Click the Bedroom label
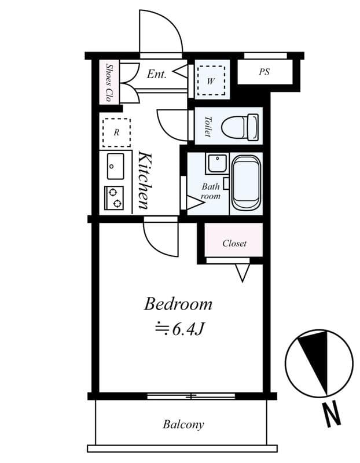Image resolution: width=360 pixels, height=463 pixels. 178,304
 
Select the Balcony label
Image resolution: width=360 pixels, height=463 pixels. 183,425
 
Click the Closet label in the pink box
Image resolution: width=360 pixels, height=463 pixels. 234,243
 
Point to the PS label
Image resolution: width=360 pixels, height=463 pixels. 265,72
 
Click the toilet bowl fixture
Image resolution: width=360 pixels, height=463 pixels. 240,127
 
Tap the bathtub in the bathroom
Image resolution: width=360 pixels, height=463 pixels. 246,183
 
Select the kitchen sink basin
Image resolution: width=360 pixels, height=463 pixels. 116,166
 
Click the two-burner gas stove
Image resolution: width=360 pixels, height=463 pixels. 114,198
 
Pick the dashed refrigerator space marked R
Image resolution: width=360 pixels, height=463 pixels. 116,133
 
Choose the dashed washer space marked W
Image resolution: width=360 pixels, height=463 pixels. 211,80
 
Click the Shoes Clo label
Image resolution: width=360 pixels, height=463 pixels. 109,83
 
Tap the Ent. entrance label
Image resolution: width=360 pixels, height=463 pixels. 157,74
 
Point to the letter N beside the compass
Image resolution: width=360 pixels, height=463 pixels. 332,416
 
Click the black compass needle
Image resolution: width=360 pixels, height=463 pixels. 317,360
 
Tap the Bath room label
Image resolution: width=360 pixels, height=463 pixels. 211,192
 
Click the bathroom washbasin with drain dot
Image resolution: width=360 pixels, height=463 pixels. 218,163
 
